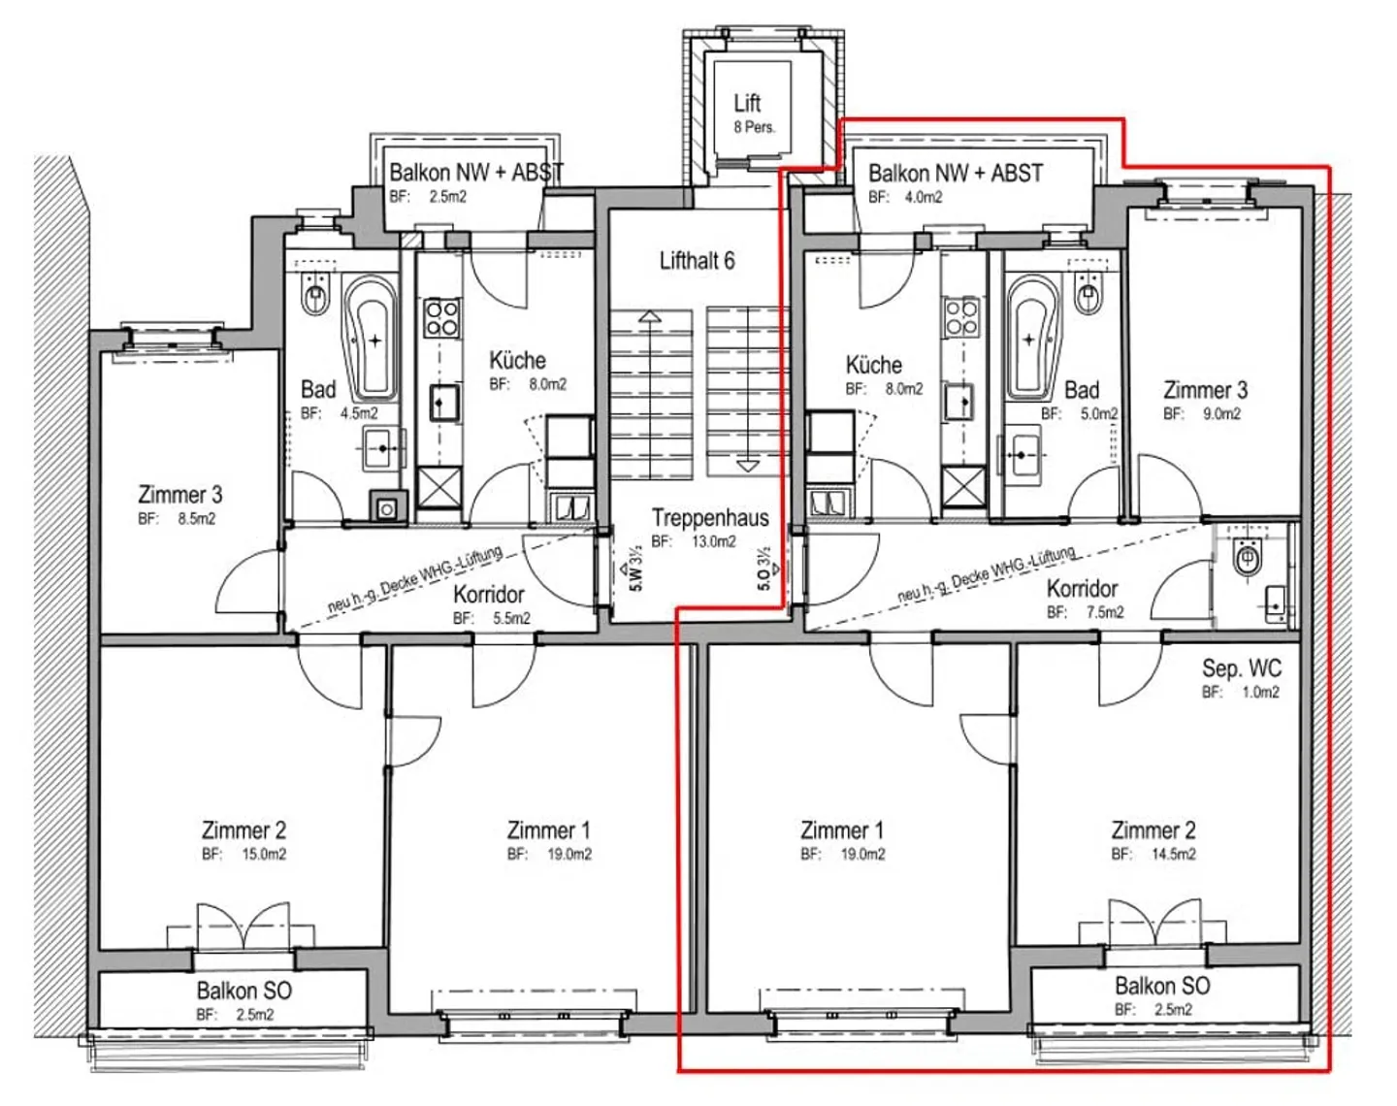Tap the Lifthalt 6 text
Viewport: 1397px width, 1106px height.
pos(698,261)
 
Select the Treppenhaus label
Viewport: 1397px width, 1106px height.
pos(710,518)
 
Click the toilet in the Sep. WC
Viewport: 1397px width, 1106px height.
pos(1247,557)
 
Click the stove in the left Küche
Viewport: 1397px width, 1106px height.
pos(441,317)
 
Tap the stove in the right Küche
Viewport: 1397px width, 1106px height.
pos(961,317)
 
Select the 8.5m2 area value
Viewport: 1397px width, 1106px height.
pos(197,519)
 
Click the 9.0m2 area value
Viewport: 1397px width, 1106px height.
pos(1221,413)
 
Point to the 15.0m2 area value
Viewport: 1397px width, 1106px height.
pos(264,854)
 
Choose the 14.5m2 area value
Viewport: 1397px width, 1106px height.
pos(1173,854)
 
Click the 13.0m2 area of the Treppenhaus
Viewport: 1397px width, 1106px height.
pos(713,541)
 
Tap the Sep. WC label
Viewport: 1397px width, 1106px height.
pos(1241,667)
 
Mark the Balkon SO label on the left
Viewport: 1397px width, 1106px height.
pos(244,992)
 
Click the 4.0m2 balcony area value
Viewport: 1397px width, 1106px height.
pos(924,197)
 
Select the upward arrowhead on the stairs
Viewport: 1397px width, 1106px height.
pos(649,317)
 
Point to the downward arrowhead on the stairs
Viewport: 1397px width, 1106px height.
pos(749,466)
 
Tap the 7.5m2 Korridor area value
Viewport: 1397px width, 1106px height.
pos(1104,612)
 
